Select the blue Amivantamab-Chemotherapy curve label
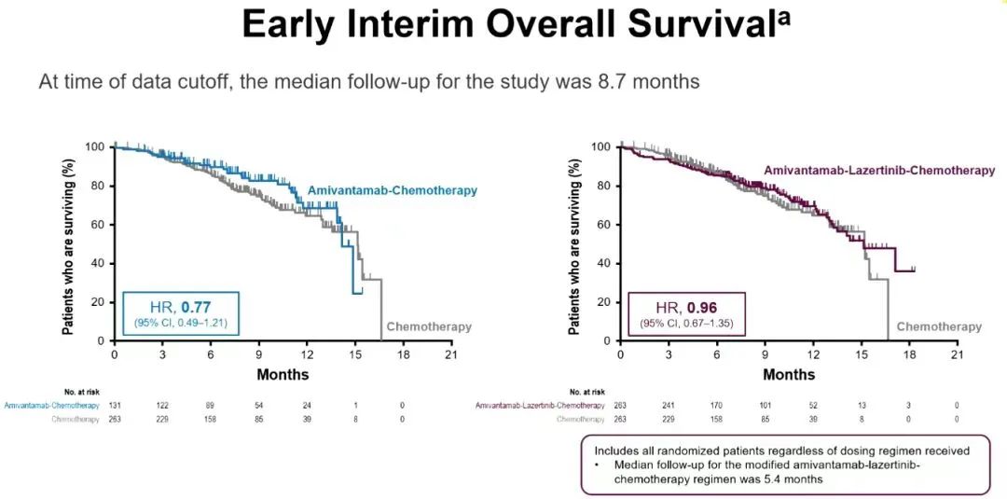(393, 190)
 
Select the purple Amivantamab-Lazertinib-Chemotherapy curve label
(878, 170)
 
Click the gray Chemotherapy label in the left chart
(429, 326)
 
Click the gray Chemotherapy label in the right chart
(939, 326)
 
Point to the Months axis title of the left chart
(283, 375)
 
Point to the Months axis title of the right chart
(789, 375)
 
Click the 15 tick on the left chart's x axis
(355, 355)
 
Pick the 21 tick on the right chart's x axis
(956, 355)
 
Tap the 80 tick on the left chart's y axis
(98, 186)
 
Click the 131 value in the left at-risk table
(115, 406)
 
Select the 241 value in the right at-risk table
(669, 406)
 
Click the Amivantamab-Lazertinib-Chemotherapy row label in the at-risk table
(540, 406)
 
